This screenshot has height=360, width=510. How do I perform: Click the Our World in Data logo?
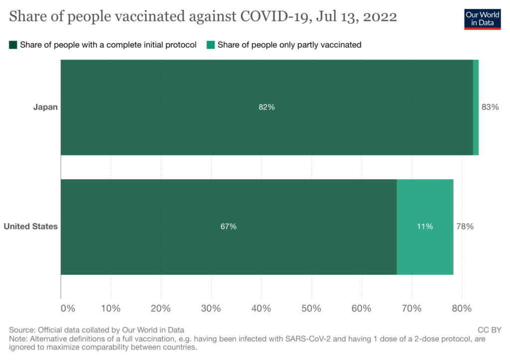482,18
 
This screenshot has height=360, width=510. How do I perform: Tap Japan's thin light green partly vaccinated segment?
476,107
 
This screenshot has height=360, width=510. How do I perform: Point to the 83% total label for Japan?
490,107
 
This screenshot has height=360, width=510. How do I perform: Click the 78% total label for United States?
465,227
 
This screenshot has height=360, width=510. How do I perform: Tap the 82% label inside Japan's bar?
266,107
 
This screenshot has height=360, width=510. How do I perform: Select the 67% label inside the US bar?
229,227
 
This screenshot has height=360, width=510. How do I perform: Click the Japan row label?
45,107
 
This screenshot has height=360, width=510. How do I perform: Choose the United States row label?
31,227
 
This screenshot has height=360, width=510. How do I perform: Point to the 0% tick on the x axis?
68,308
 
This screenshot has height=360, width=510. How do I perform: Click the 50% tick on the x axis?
311,308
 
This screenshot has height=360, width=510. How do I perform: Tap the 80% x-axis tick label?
462,308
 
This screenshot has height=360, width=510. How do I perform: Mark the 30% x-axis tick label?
211,308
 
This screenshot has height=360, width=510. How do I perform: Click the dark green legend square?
13,45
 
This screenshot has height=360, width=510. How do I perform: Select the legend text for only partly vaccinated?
289,45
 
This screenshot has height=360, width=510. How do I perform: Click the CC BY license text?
489,330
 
